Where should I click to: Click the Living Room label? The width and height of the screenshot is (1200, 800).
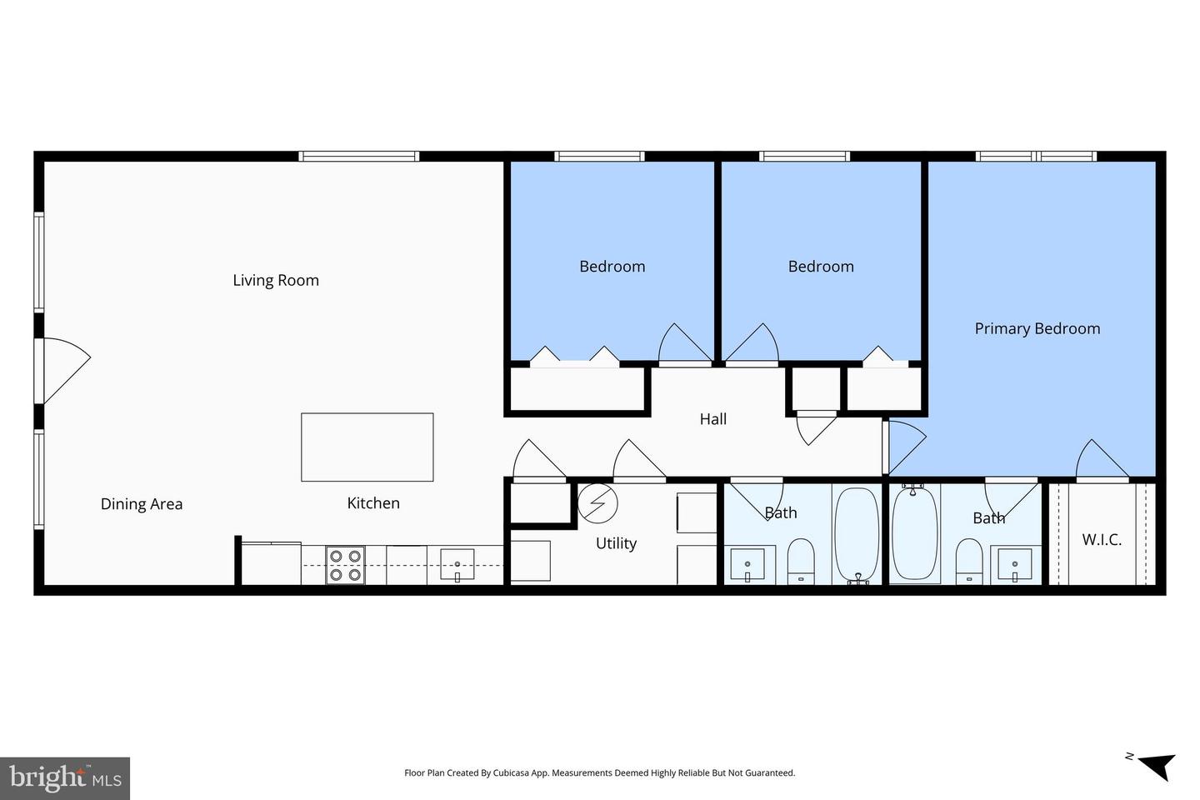coord(276,281)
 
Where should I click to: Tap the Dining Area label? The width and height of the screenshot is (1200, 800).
coord(142,504)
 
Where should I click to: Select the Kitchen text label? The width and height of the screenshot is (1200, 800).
coord(373,503)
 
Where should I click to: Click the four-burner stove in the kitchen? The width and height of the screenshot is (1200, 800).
coord(345,565)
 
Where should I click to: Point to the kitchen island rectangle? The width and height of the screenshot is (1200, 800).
coord(367,447)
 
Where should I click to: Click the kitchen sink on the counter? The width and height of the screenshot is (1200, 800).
coord(457,564)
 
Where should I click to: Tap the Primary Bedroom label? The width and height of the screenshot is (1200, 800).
coord(1037,329)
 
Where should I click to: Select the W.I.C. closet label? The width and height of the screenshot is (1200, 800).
coord(1102,540)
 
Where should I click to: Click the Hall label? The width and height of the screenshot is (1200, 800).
coord(713,419)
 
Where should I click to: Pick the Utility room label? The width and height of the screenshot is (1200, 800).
coord(616,543)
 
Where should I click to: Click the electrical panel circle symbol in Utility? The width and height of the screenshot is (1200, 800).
coord(598,502)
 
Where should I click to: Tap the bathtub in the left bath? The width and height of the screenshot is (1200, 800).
coord(857,533)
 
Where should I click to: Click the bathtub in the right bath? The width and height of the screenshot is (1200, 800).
coord(914,533)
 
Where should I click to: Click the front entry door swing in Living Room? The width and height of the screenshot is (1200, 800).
coord(65,368)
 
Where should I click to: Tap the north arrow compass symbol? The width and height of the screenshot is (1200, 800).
coord(1155,765)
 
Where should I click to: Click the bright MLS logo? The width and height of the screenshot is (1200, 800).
coord(65,778)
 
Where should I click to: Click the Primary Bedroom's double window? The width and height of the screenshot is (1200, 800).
coord(1036,156)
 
